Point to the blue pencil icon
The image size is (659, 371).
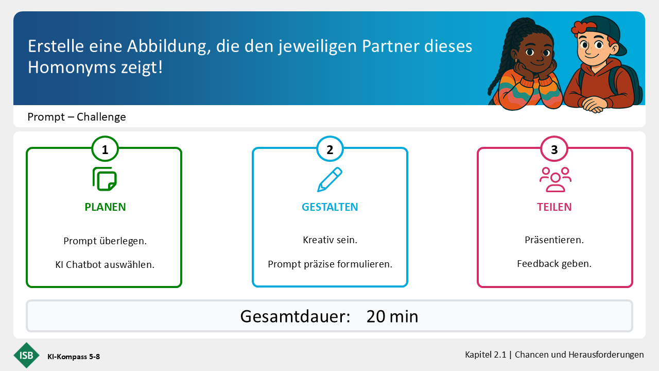[x=329, y=179]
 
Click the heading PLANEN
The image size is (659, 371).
[x=105, y=207]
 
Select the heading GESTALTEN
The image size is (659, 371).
[x=330, y=207]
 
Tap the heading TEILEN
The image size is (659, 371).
[x=554, y=207]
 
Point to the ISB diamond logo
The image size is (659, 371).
[x=26, y=355]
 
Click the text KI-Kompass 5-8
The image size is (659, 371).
[x=74, y=357]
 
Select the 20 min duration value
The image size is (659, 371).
[x=392, y=316]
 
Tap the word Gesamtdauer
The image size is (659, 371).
[x=295, y=316]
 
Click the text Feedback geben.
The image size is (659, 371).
[x=554, y=264]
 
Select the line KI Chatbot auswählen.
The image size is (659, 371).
[x=105, y=265]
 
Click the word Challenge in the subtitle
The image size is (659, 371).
[x=101, y=117]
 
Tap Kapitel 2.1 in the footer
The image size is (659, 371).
[x=485, y=355]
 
